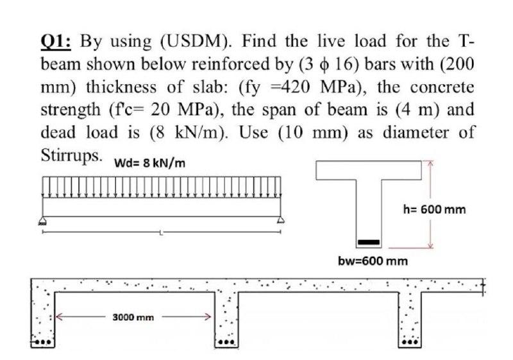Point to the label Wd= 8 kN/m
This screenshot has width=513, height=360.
click(150, 162)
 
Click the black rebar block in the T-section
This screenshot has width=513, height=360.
click(368, 242)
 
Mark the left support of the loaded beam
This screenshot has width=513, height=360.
click(43, 221)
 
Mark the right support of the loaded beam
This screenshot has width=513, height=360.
click(280, 221)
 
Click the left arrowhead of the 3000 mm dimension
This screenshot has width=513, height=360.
click(60, 316)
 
